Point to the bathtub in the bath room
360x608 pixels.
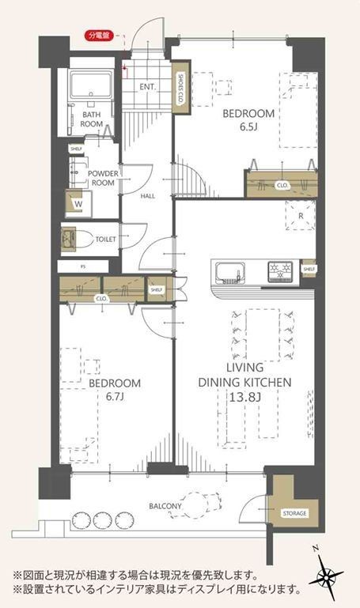[x=90, y=85]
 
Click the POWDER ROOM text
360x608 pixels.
[x=102, y=178]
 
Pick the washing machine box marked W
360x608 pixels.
[x=78, y=203]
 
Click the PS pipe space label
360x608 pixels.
[x=82, y=266]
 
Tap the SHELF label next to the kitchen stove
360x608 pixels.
[x=309, y=270]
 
